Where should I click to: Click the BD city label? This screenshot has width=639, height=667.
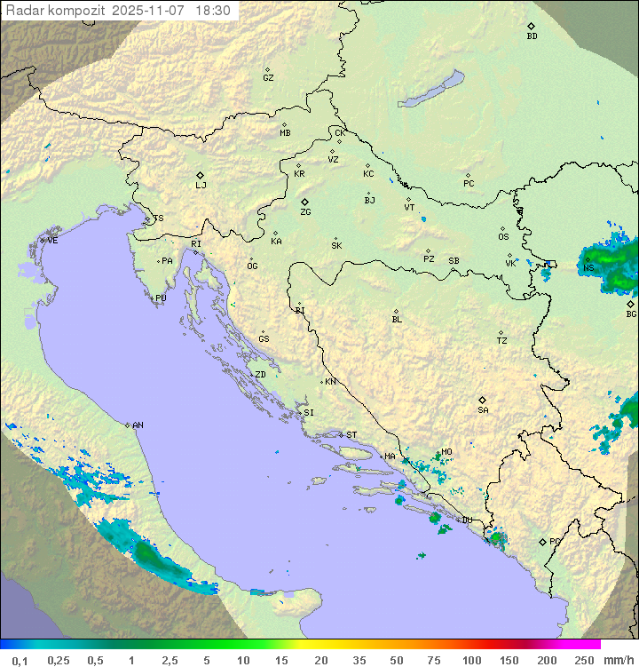pos(532,36)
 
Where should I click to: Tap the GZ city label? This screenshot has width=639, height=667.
pos(268,77)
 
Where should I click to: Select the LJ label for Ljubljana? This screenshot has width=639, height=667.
pos(201,186)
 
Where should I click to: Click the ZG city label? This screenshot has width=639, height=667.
pos(305,212)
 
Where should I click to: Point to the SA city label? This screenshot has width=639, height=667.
pos(483,410)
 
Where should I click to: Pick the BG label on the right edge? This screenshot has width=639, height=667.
pos(631,314)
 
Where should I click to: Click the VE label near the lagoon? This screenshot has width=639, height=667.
pos(52,240)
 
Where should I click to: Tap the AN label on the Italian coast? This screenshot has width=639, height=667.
pos(138,425)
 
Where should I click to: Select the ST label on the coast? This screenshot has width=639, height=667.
pos(351,435)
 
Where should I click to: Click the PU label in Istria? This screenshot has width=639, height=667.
pos(161,298)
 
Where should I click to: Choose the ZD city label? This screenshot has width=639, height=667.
pos(260,375)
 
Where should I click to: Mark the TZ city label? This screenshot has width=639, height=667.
pos(501,341)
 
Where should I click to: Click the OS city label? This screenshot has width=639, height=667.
pos(503,237)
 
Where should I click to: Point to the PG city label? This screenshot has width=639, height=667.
pos(555,541)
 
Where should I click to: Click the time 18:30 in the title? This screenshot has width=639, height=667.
pos(213,11)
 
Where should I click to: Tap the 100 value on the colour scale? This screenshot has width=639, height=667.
pos(472,660)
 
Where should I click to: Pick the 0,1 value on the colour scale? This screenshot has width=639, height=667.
pos(20,660)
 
